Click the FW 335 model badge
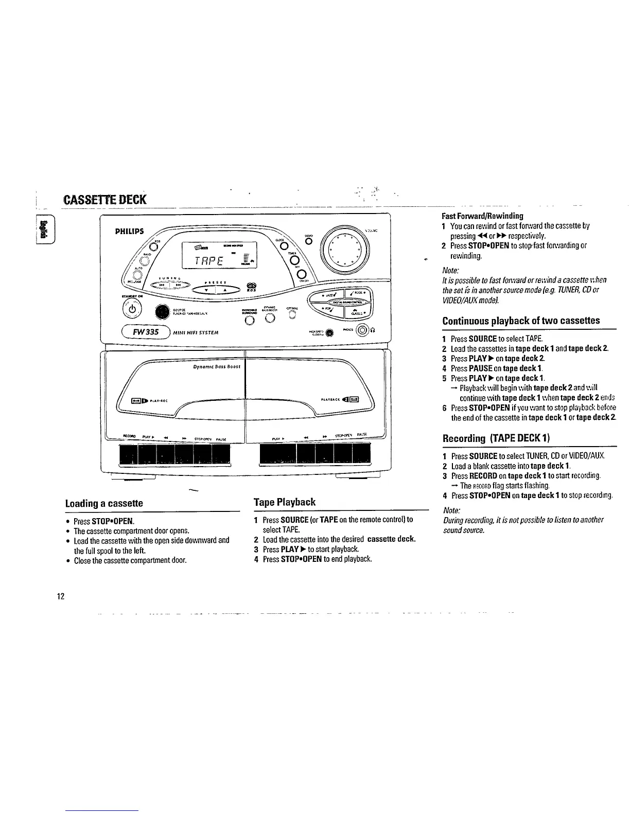click(147, 331)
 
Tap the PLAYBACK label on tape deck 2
click(329, 398)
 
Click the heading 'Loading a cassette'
click(104, 503)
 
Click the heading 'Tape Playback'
click(285, 502)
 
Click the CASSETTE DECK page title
click(104, 199)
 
